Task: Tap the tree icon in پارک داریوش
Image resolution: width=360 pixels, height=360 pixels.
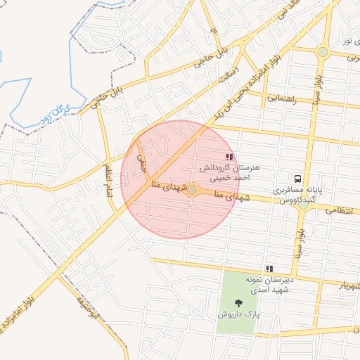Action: point(237,303)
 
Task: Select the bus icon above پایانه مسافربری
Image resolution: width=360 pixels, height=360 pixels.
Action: point(298,179)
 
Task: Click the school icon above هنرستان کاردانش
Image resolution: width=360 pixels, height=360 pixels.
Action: point(229,157)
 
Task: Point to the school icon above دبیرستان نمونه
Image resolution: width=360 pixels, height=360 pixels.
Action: point(269,269)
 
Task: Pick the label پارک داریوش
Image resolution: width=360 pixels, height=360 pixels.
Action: point(237,315)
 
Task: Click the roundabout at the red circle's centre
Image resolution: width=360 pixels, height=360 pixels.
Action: point(191,189)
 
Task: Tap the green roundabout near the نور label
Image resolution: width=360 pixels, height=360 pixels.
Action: point(323,51)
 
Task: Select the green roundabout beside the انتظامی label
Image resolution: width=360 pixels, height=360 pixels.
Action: point(303,205)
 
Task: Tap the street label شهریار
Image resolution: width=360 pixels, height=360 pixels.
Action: point(348,286)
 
